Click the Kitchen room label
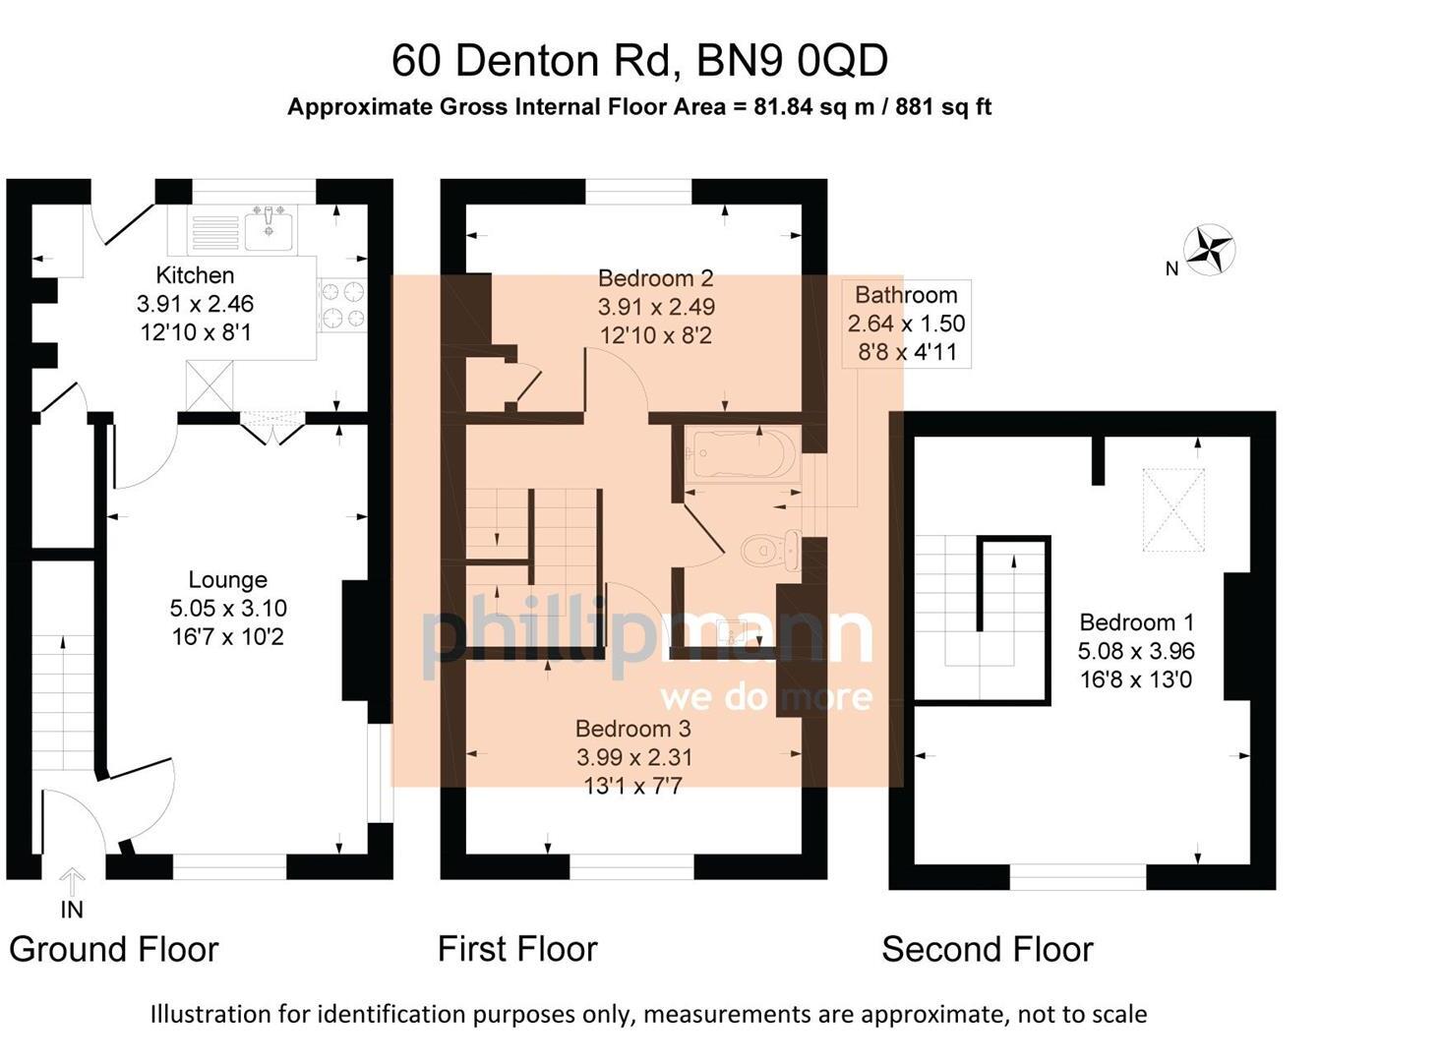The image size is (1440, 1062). click(x=195, y=275)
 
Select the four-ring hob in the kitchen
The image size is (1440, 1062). click(x=342, y=305)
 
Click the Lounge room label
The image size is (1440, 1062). click(x=227, y=579)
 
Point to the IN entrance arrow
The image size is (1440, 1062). click(x=72, y=882)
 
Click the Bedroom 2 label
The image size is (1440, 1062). click(x=656, y=278)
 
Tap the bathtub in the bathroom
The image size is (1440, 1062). click(x=742, y=454)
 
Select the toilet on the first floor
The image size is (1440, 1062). click(x=770, y=552)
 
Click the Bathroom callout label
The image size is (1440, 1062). click(x=906, y=295)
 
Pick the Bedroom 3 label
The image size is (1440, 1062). click(x=633, y=729)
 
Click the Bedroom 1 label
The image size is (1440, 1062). click(x=1136, y=622)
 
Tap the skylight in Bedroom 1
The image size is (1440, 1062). click(x=1173, y=509)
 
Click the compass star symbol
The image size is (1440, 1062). click(x=1209, y=250)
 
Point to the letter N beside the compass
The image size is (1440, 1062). click(x=1171, y=268)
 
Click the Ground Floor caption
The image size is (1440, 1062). click(x=114, y=949)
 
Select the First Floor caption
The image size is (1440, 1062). click(x=517, y=949)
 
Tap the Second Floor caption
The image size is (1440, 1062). click(x=988, y=949)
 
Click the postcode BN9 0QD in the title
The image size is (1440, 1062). click(x=792, y=60)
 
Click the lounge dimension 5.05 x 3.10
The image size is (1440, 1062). click(x=227, y=608)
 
